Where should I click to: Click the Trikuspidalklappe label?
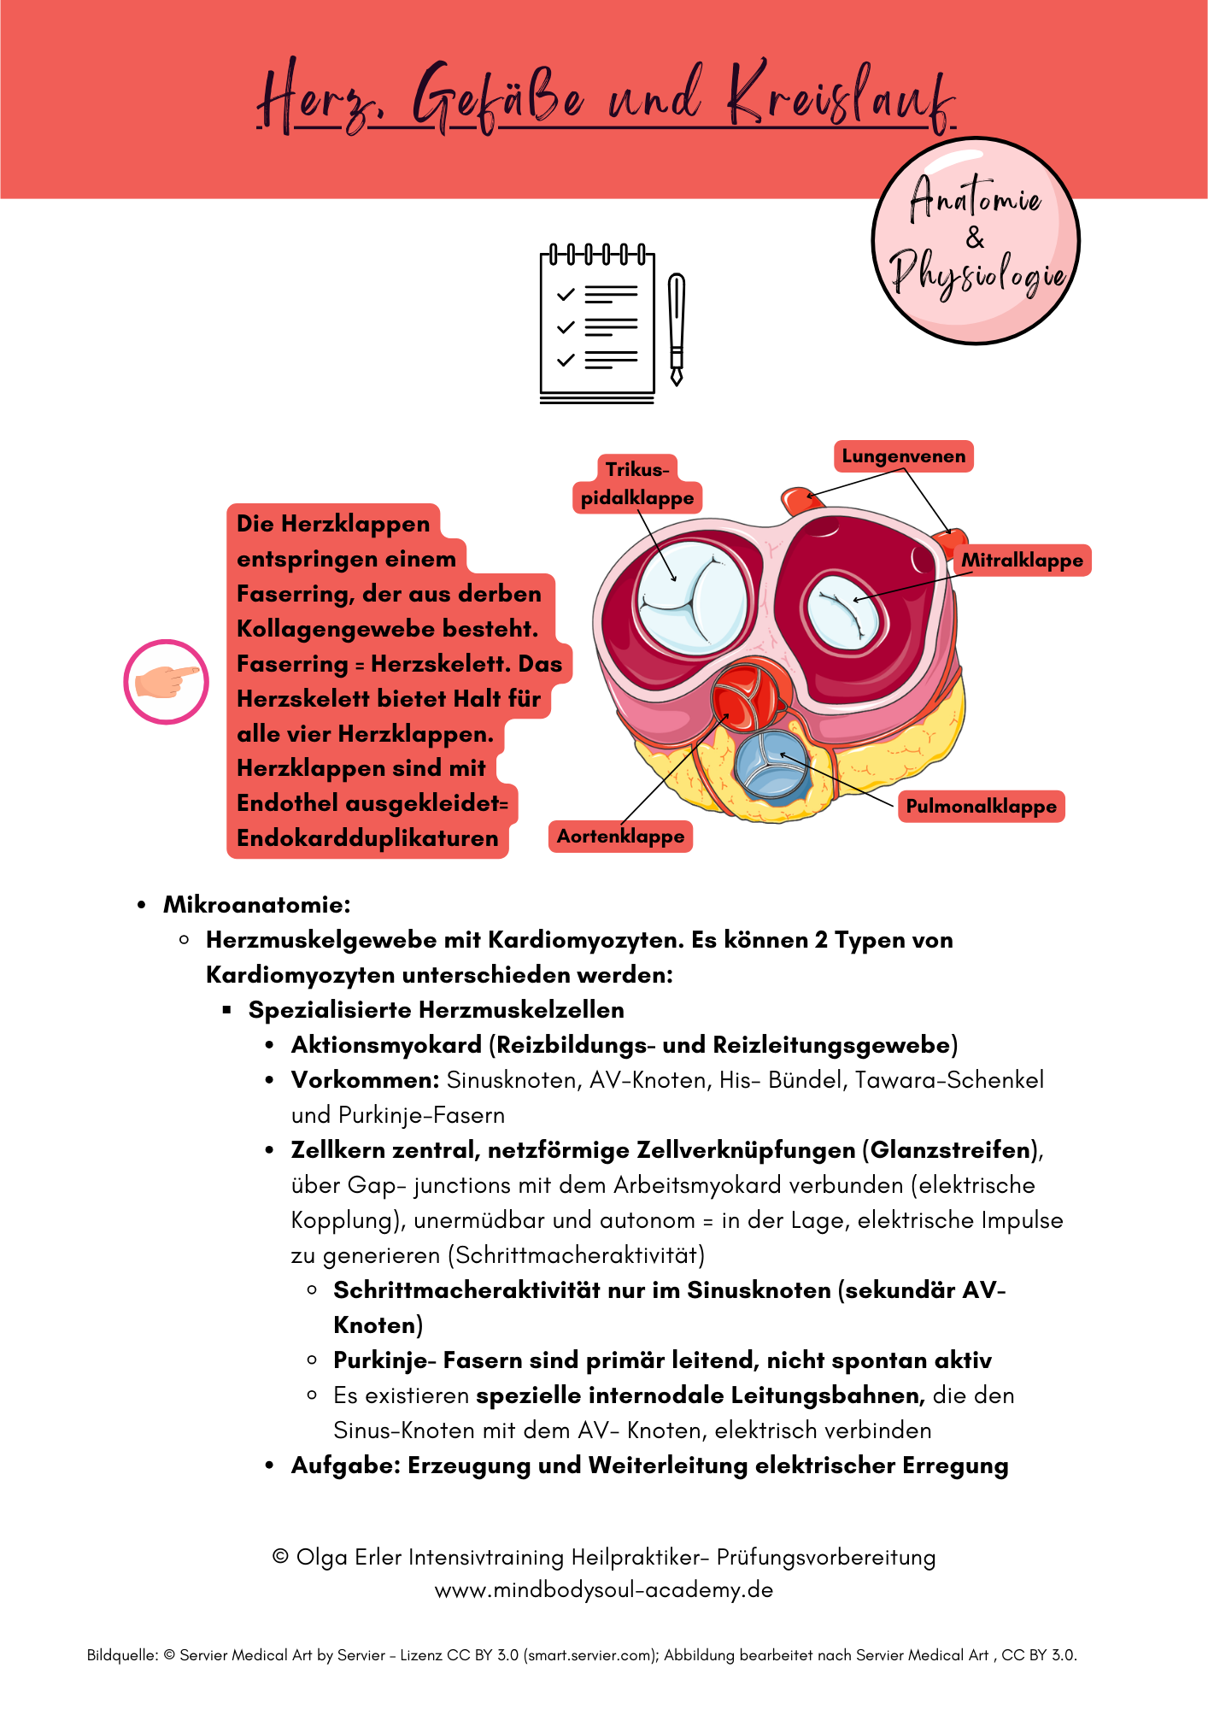click(x=637, y=484)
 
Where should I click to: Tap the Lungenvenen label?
click(x=903, y=456)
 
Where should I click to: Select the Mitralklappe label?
click(x=1022, y=561)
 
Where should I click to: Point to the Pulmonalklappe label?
click(x=981, y=807)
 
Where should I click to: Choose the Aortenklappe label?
click(x=620, y=837)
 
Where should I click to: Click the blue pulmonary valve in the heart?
click(x=771, y=763)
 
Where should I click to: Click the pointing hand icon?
click(x=167, y=682)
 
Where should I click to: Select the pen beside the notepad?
click(x=677, y=329)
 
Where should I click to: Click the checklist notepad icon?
click(x=597, y=325)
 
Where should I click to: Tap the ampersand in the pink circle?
click(x=975, y=238)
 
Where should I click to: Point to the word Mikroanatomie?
click(x=257, y=905)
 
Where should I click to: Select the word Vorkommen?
click(x=365, y=1080)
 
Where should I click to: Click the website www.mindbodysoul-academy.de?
click(x=604, y=1590)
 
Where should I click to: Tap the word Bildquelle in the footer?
click(x=122, y=1655)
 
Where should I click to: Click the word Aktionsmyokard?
click(x=386, y=1045)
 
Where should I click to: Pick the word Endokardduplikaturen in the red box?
click(x=367, y=838)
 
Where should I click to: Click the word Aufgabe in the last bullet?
click(x=346, y=1465)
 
